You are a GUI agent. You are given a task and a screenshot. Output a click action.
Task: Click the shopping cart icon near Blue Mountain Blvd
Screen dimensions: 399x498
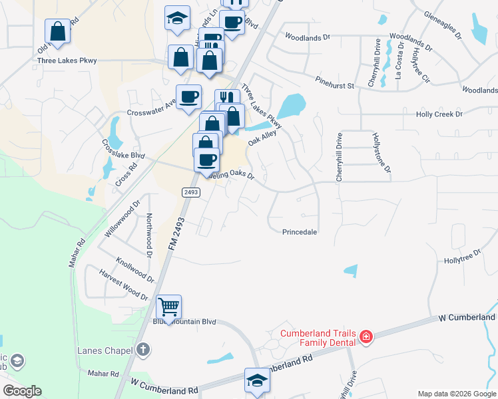click(x=169, y=308)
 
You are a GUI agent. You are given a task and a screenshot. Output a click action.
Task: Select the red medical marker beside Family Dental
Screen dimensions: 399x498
click(x=365, y=338)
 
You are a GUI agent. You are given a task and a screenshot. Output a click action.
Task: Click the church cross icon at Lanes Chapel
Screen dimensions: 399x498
click(x=142, y=349)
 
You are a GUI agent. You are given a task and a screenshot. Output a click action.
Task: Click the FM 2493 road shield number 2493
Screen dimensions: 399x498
click(x=190, y=192)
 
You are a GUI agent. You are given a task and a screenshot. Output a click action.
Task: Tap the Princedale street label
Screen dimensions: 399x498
click(x=299, y=232)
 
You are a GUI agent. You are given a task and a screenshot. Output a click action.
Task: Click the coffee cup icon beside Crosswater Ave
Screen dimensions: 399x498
click(x=188, y=97)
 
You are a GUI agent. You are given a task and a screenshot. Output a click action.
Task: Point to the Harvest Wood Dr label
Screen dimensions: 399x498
click(x=123, y=284)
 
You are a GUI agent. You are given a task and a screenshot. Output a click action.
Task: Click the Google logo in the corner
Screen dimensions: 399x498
click(x=22, y=391)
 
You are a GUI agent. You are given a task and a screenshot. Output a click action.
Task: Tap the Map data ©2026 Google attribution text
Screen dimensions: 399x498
click(x=456, y=394)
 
